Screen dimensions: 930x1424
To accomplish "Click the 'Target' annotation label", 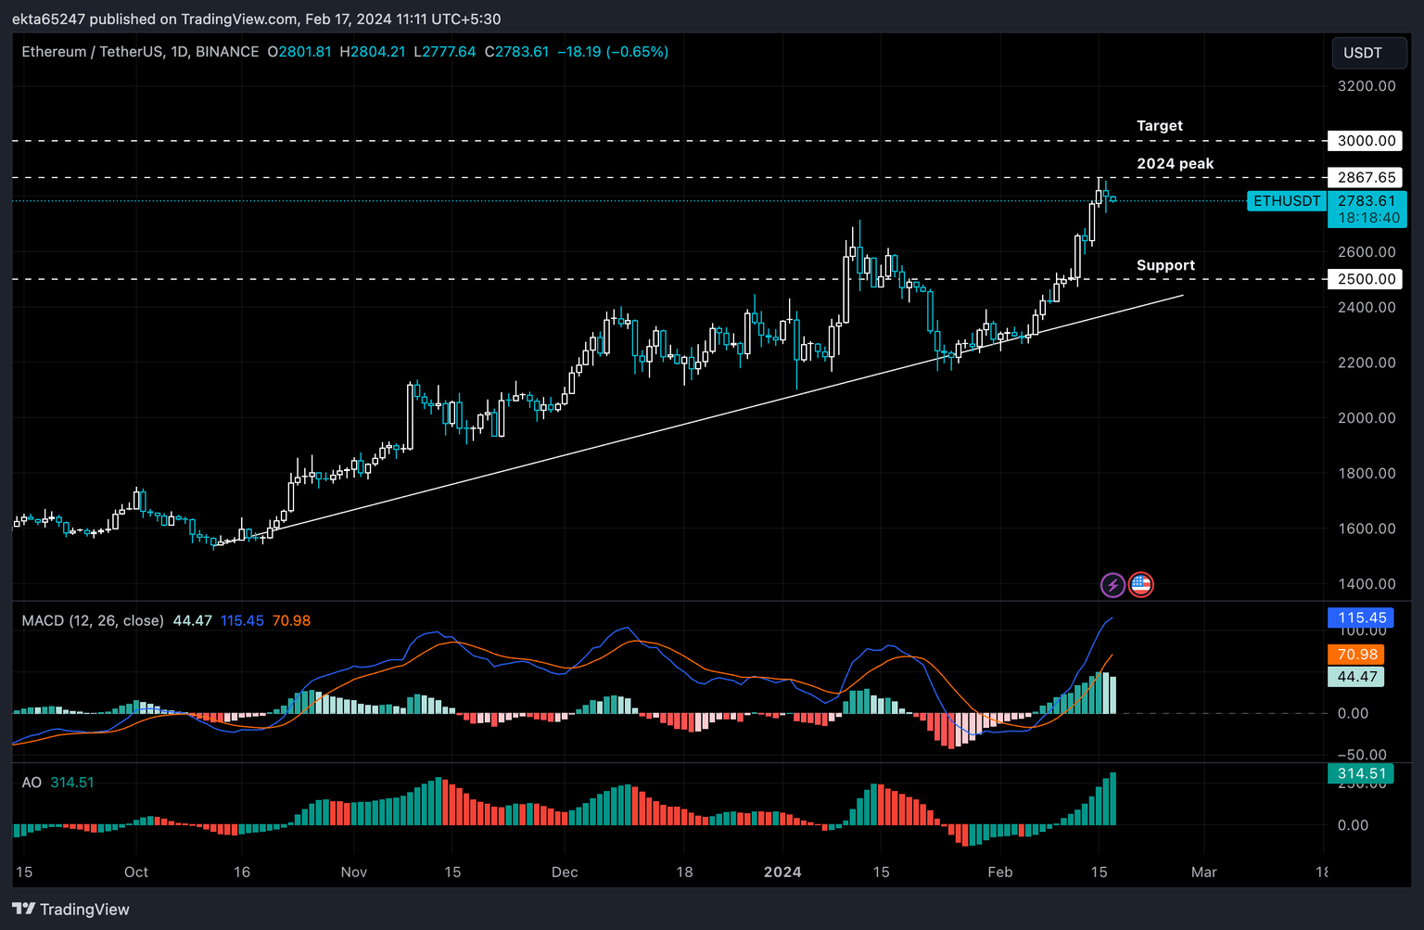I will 1159,125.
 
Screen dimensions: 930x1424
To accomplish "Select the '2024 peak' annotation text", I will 1175,163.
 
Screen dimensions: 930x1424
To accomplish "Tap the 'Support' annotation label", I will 1165,265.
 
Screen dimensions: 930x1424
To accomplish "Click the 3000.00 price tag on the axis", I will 1366,141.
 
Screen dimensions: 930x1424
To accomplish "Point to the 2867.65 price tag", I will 1366,177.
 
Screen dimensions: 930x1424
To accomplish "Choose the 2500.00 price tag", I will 1366,279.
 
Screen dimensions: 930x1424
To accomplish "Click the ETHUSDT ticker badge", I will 1286,201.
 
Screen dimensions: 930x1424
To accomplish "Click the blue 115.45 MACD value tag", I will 1361,618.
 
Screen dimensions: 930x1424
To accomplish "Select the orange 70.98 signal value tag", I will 1357,655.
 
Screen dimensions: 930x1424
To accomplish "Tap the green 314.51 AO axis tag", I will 1360,773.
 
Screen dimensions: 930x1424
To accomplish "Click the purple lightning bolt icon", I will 1112,585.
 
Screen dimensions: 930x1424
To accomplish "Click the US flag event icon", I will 1141,585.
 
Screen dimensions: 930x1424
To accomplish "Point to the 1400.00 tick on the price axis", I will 1366,584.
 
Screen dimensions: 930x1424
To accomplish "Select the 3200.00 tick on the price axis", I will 1366,86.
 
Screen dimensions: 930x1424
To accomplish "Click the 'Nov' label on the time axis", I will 354,873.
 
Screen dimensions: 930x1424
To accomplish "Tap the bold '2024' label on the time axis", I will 782,873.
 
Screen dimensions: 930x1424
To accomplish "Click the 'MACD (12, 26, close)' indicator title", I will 93,620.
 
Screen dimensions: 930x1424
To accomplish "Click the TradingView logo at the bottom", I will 71,910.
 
